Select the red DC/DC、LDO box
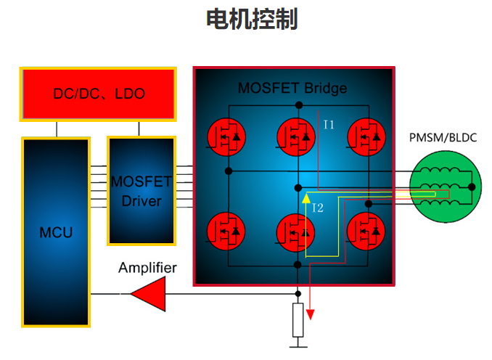pyautogui.click(x=99, y=94)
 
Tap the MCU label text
pyautogui.click(x=56, y=233)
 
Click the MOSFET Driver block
pyautogui.click(x=142, y=190)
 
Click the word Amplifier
pyautogui.click(x=147, y=268)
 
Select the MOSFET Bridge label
pyautogui.click(x=292, y=89)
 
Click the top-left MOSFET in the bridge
pyautogui.click(x=228, y=136)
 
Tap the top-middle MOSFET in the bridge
pyautogui.click(x=298, y=136)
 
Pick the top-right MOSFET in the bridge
pyautogui.click(x=366, y=136)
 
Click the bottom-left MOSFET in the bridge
pyautogui.click(x=228, y=232)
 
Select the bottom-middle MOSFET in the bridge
pyautogui.click(x=298, y=232)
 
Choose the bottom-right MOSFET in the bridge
pyautogui.click(x=366, y=232)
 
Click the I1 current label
pyautogui.click(x=329, y=125)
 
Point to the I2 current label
pyautogui.click(x=317, y=209)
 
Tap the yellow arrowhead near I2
pyautogui.click(x=306, y=197)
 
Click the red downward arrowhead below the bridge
pyautogui.click(x=311, y=314)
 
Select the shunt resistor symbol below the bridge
pyautogui.click(x=298, y=320)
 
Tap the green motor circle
pyautogui.click(x=443, y=187)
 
